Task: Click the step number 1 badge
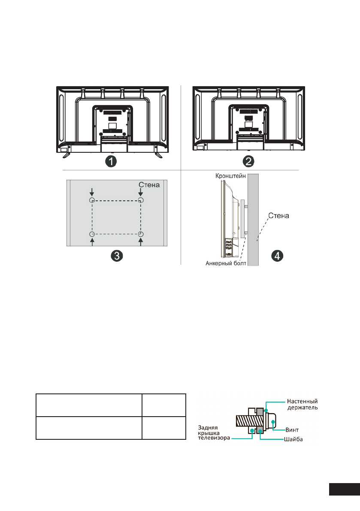[x=112, y=162]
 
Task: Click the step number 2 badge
[x=249, y=162]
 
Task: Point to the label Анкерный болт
[x=224, y=264]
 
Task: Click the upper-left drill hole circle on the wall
[x=91, y=200]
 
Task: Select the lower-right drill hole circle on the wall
[x=141, y=234]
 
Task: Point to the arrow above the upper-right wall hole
[x=141, y=192]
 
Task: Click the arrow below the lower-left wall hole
[x=91, y=242]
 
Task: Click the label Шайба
[x=294, y=439]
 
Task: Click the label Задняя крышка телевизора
[x=212, y=432]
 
